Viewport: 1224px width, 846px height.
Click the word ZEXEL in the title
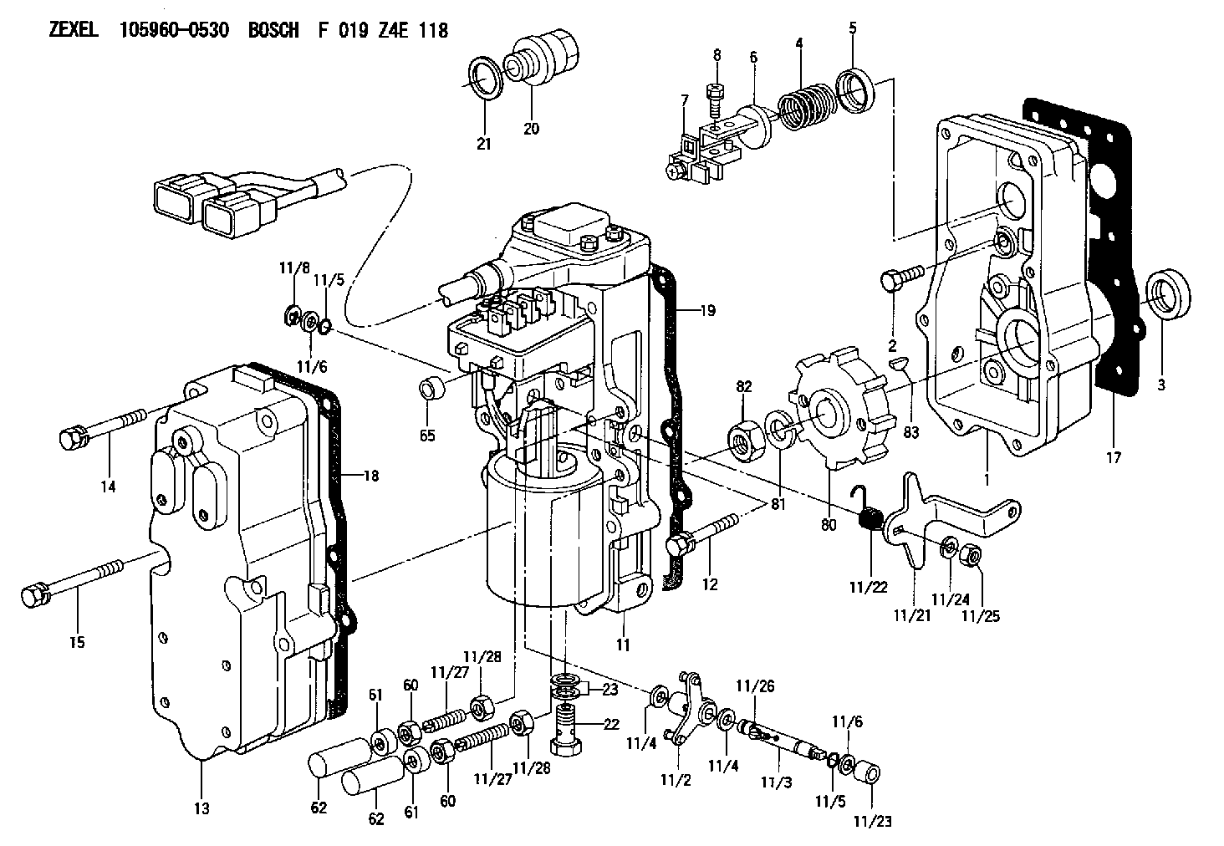pyautogui.click(x=74, y=30)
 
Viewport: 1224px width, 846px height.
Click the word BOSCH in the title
pyautogui.click(x=273, y=30)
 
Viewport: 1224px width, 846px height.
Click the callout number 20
pyautogui.click(x=531, y=129)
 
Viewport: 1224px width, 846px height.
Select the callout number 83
pyautogui.click(x=911, y=432)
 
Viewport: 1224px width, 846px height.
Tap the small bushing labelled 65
pyautogui.click(x=431, y=390)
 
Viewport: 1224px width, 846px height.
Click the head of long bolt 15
pyautogui.click(x=35, y=596)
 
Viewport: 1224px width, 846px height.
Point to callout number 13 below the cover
pyautogui.click(x=201, y=808)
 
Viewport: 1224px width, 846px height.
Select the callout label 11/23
pyautogui.click(x=873, y=821)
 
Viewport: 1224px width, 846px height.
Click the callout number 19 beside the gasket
pyautogui.click(x=707, y=310)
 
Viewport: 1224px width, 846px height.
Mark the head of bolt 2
pyautogui.click(x=890, y=280)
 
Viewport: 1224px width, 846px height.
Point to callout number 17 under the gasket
pyautogui.click(x=1114, y=457)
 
